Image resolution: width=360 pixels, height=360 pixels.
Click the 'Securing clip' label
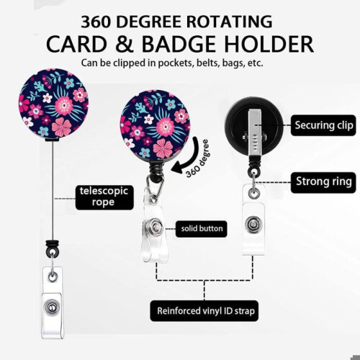click(323, 125)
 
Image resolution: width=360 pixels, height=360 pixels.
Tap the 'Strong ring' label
click(323, 182)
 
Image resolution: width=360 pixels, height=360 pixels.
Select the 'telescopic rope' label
click(104, 197)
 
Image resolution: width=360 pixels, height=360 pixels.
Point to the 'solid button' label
click(202, 229)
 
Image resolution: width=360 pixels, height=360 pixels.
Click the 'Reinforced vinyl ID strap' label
click(204, 311)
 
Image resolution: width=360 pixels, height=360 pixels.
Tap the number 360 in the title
click(96, 22)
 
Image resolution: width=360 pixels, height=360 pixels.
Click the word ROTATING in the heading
click(229, 22)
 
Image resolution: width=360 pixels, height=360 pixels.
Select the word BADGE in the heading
click(179, 45)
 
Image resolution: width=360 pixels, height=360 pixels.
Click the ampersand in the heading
click(125, 45)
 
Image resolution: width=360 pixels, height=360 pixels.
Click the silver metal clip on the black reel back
click(255, 132)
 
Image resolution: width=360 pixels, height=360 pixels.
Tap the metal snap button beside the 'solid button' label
click(154, 227)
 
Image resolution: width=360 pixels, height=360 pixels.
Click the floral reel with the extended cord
click(53, 104)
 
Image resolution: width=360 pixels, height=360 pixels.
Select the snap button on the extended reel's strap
click(51, 307)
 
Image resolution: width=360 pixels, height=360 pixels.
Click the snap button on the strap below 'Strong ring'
click(253, 225)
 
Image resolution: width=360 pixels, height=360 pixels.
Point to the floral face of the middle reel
click(156, 125)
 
